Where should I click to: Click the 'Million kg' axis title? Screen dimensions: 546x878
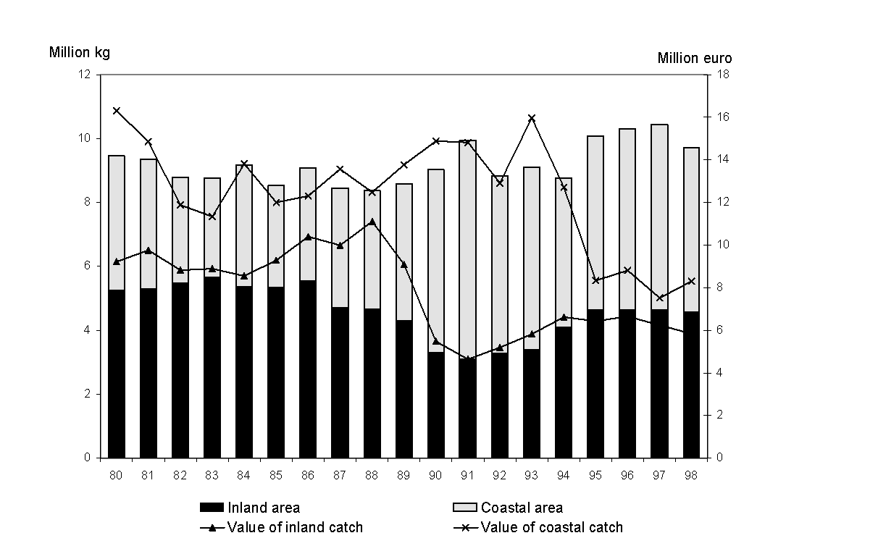pyautogui.click(x=79, y=52)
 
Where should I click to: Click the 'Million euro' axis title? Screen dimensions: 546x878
pyautogui.click(x=694, y=59)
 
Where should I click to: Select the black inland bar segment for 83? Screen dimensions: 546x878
pyautogui.click(x=212, y=367)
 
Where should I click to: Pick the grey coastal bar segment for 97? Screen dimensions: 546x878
pyautogui.click(x=659, y=217)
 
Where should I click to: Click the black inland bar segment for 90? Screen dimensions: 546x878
pyautogui.click(x=436, y=405)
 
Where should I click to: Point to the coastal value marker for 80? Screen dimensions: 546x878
pyautogui.click(x=117, y=111)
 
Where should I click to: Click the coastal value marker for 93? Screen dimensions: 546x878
pyautogui.click(x=532, y=118)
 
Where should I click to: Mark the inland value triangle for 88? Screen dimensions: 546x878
pyautogui.click(x=372, y=222)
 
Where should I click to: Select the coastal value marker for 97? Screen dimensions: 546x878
pyautogui.click(x=659, y=298)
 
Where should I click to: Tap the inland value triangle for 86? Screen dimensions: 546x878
pyautogui.click(x=308, y=237)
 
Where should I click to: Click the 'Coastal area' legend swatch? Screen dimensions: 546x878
pyautogui.click(x=464, y=508)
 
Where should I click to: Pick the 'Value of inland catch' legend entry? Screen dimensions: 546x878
pyautogui.click(x=294, y=527)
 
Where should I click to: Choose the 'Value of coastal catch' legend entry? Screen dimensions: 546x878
pyautogui.click(x=551, y=527)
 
